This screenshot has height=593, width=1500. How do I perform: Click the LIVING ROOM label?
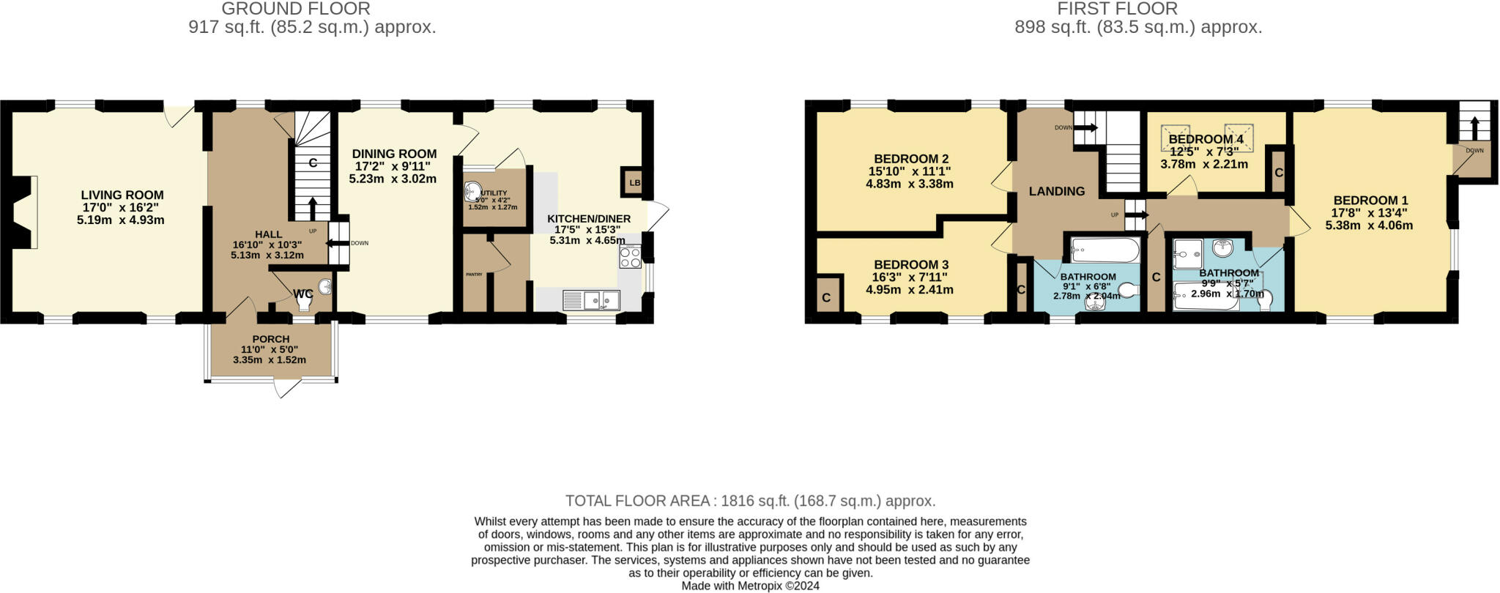coord(122,195)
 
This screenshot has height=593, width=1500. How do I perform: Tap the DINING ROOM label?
coord(394,154)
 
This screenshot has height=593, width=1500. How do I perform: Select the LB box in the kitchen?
coord(634,183)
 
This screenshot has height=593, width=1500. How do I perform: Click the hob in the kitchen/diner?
coord(630,257)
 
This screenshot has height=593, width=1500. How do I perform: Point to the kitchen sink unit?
coord(592,299)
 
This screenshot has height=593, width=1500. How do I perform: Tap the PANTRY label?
coord(474,275)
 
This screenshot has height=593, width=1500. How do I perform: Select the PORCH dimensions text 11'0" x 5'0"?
coord(270,350)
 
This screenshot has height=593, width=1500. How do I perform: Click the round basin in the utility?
coord(472,192)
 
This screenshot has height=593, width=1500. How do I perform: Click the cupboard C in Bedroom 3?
coord(826,298)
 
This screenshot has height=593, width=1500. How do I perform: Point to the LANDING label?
coord(1056,191)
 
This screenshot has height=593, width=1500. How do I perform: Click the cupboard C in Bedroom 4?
coord(1278,173)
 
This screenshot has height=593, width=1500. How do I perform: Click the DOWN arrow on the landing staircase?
coord(1086,128)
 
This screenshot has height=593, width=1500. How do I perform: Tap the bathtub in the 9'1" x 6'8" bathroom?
coord(1104,251)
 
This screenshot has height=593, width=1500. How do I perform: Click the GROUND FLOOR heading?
coord(295,9)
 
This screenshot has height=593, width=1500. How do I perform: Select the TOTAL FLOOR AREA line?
coord(750,501)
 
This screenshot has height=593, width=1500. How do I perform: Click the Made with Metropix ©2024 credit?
coord(750,586)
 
